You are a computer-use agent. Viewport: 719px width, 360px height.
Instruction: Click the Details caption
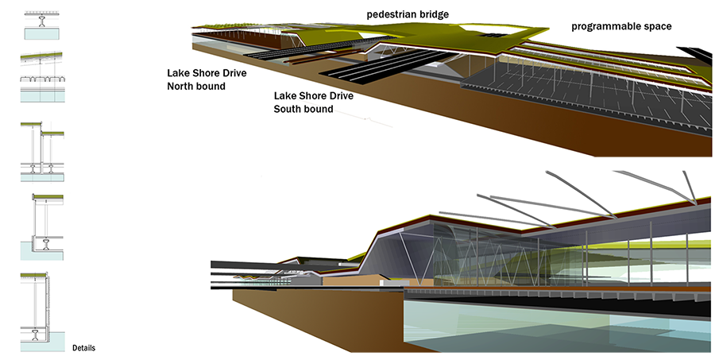coord(84,348)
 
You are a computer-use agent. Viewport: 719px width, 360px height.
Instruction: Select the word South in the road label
coord(290,109)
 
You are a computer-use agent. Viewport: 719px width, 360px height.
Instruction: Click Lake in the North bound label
coord(179,72)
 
